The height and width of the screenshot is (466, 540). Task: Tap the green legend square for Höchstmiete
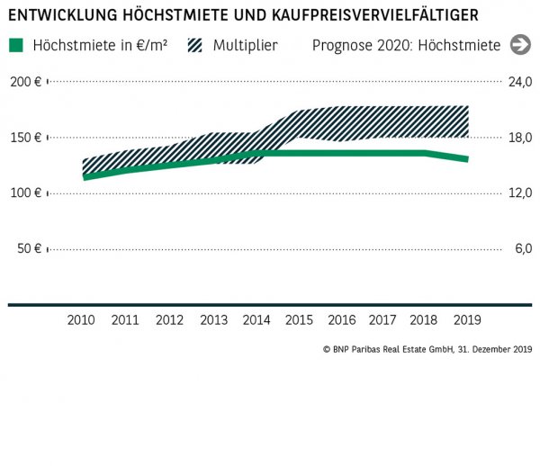[x=15, y=45]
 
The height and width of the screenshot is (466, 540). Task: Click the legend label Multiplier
[x=246, y=45]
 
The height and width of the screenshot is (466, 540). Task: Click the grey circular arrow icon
[x=520, y=45]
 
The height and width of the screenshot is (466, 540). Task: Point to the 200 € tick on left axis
[x=26, y=82]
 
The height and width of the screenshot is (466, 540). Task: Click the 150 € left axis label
[x=26, y=138]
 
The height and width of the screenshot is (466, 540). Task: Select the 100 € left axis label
[x=26, y=193]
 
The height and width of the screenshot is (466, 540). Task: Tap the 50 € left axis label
[x=30, y=248]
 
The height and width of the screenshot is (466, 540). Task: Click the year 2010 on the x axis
[x=82, y=320]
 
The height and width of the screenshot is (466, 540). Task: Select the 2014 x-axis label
[x=256, y=320]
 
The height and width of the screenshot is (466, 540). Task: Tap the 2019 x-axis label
[x=468, y=320]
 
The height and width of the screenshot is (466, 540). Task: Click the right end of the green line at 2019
[x=466, y=159]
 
